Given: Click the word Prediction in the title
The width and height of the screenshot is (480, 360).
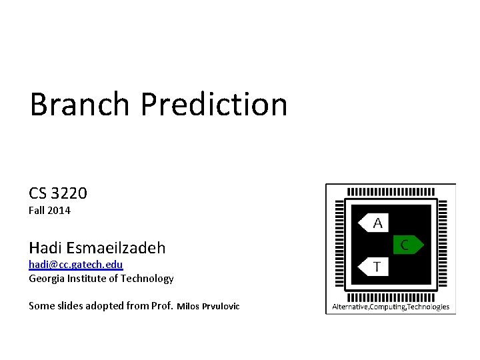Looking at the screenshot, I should tap(214, 105).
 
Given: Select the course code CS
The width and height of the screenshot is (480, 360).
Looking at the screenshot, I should tap(37, 193).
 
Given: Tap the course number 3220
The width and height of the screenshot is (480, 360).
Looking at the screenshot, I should tap(69, 193).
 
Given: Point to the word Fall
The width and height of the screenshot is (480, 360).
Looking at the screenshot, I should tap(37, 211).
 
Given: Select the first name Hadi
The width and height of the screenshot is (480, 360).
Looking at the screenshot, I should tap(45, 248).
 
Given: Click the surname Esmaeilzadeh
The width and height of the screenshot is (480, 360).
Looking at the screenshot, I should tap(116, 248).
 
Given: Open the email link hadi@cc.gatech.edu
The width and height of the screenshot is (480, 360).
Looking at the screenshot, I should tap(75, 265).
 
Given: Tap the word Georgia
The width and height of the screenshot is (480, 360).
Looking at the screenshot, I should tap(47, 279).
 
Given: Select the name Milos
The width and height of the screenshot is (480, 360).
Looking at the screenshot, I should tap(189, 307).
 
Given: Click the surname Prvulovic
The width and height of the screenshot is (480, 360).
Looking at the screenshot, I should tap(221, 307).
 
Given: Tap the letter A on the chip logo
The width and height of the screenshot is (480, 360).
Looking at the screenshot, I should tap(377, 223).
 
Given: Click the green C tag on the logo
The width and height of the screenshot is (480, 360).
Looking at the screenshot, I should tap(405, 245).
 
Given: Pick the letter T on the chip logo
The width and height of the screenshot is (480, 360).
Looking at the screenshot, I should tap(377, 267).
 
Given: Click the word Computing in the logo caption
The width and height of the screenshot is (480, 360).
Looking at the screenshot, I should tap(385, 307).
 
